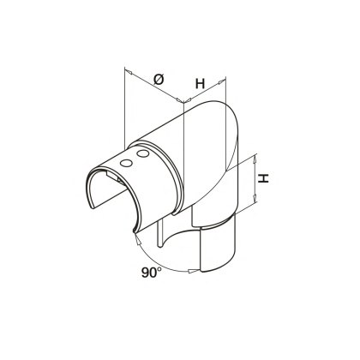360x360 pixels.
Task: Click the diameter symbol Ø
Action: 159,79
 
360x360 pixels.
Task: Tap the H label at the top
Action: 200,83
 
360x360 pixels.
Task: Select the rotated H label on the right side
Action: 266,179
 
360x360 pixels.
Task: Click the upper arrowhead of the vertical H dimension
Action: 255,159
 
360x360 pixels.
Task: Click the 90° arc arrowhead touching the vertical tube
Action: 190,269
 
